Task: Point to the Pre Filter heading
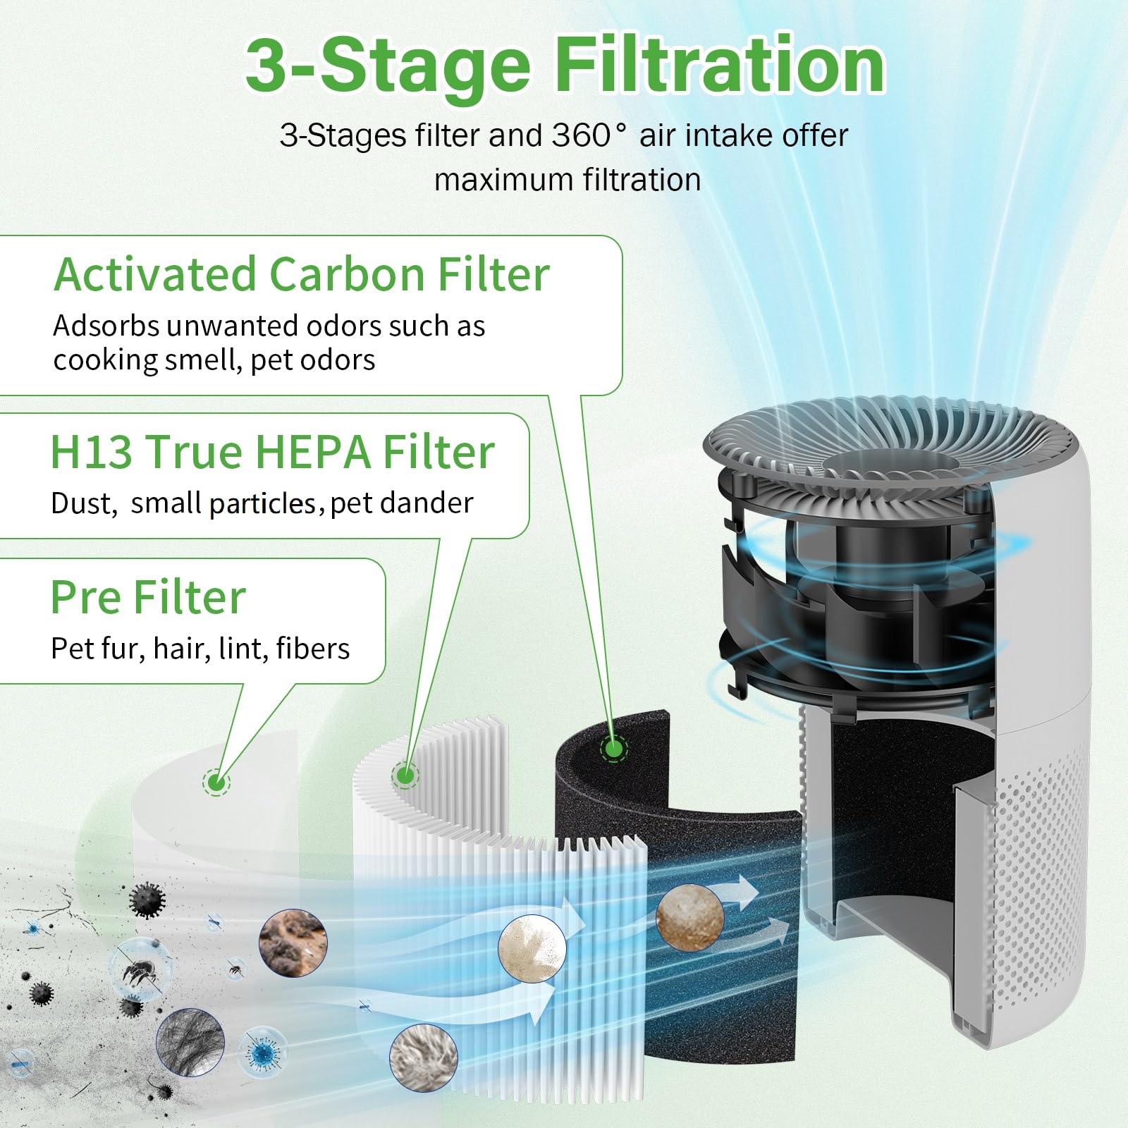(148, 597)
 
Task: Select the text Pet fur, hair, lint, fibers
(200, 649)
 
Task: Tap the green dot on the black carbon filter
(613, 748)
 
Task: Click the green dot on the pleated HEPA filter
(405, 776)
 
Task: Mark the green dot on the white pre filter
(216, 782)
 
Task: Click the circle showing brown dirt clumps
(293, 943)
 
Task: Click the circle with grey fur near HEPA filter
(423, 1057)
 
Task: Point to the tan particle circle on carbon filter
(690, 917)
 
